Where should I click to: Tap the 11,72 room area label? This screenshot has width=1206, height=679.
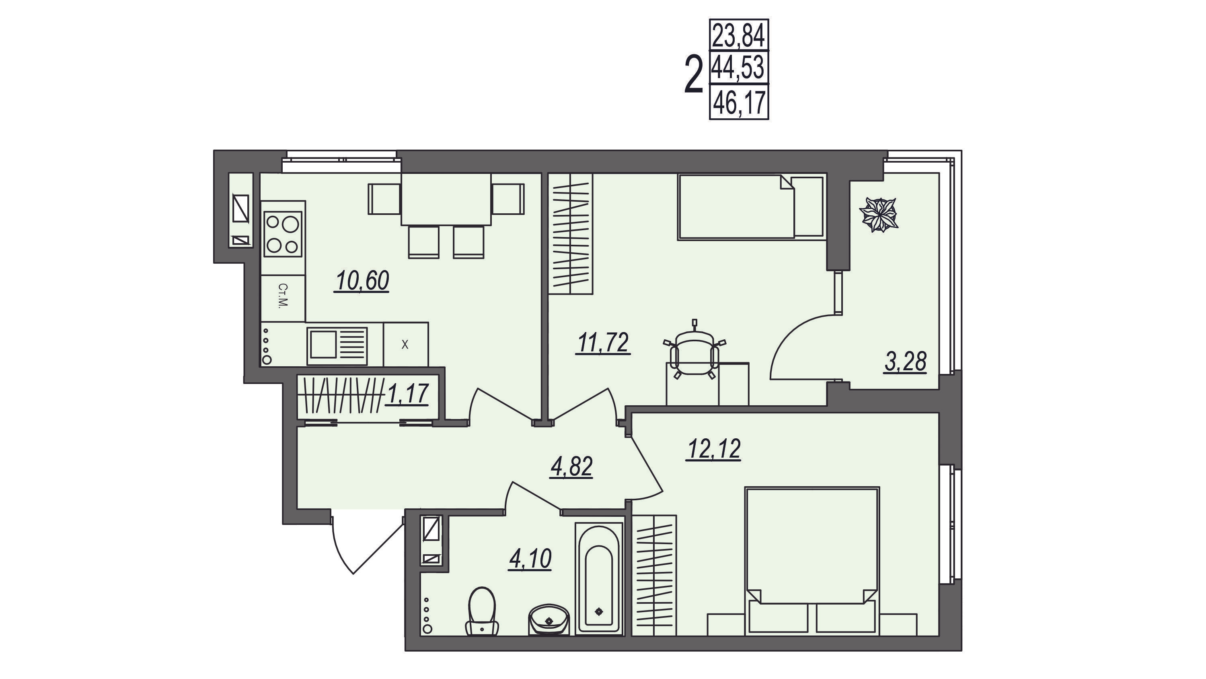[604, 343]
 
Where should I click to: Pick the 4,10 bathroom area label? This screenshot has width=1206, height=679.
[530, 559]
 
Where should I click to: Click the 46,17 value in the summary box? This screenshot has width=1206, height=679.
[739, 103]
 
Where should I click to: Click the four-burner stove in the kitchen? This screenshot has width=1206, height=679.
[283, 234]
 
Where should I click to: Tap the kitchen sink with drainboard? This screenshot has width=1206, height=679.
[337, 346]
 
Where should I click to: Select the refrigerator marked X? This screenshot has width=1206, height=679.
[405, 345]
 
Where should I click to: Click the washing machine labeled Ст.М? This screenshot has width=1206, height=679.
[283, 298]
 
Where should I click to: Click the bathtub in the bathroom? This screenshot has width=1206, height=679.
[599, 579]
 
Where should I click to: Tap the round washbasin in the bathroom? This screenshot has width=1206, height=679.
[549, 619]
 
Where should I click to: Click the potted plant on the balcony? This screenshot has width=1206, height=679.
[880, 215]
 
